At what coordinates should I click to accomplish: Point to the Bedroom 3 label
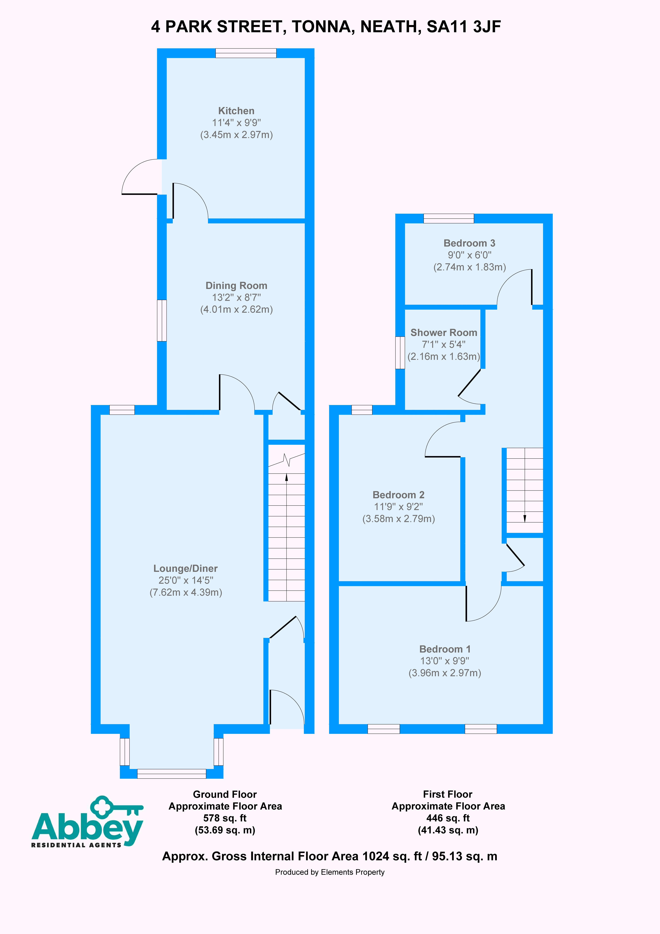tap(469, 243)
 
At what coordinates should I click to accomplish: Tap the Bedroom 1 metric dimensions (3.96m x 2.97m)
tap(445, 673)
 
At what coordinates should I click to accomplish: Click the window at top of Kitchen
tap(246, 53)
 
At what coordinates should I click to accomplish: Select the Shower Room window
tap(400, 353)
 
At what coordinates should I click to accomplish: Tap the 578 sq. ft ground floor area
tap(225, 818)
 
